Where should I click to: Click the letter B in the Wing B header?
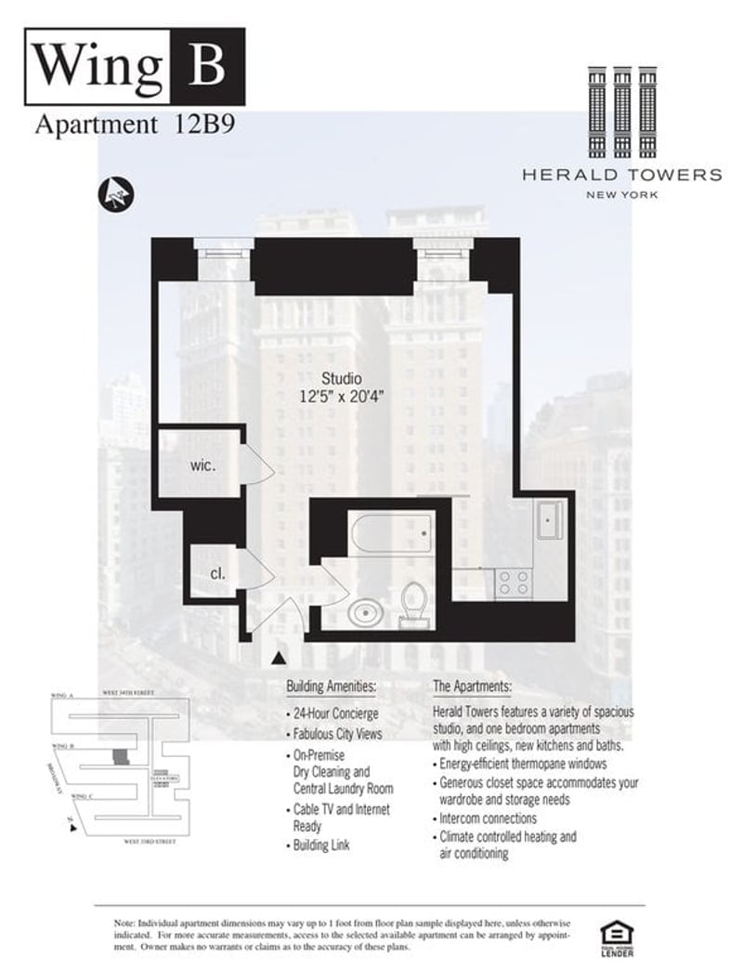[x=210, y=64]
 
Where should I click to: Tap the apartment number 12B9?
[x=196, y=126]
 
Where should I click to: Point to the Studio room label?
[x=341, y=378]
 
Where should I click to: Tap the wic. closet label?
[x=203, y=465]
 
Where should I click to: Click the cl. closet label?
[x=217, y=573]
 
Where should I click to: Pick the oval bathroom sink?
[x=363, y=613]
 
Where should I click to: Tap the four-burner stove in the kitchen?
[x=513, y=583]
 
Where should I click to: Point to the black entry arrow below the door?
[x=278, y=659]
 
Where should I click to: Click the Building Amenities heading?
[x=331, y=687]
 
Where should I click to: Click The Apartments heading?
[x=472, y=687]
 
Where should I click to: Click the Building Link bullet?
[x=321, y=845]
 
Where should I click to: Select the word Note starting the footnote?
[x=124, y=922]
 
